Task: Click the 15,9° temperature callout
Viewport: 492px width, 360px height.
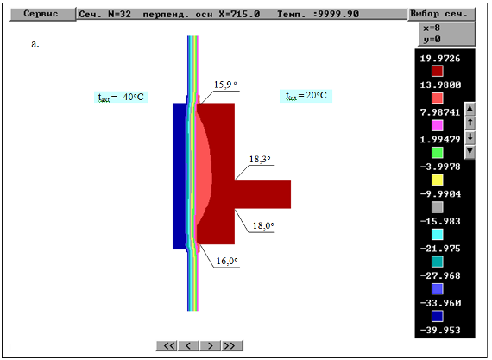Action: (225, 85)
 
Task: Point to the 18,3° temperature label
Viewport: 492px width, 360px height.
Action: (260, 160)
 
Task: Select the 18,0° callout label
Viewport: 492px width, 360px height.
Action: (263, 225)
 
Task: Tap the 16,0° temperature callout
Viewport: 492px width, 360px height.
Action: (226, 261)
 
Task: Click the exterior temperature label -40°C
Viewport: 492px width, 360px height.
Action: (121, 97)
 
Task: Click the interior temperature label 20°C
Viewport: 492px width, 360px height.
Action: (306, 96)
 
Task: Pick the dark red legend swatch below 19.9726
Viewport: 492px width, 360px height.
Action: (438, 71)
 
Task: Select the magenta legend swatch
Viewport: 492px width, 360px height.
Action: (438, 125)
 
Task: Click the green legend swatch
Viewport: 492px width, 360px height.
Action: (438, 153)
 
